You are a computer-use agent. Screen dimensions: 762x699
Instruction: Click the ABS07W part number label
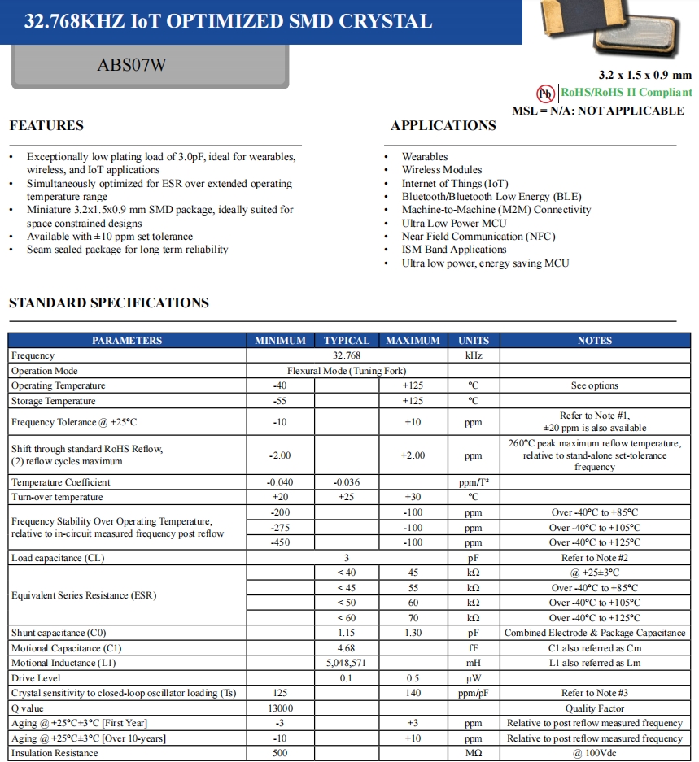tap(131, 65)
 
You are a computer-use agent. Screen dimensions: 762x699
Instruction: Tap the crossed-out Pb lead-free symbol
tap(545, 93)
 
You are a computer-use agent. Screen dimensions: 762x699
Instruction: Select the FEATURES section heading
tap(46, 125)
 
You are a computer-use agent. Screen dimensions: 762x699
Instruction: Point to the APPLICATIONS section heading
tap(443, 125)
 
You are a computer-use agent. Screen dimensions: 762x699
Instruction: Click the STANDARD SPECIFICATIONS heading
tap(109, 303)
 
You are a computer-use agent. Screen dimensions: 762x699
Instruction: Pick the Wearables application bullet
tap(425, 156)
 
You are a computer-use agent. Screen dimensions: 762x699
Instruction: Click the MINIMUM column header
tap(280, 341)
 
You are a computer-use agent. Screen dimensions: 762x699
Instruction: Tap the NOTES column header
tap(594, 341)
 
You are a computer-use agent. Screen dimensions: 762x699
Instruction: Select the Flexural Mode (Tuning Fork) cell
tap(347, 371)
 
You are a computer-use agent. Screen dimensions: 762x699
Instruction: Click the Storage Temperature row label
tap(54, 401)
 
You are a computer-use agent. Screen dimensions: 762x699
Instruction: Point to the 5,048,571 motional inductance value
tap(347, 663)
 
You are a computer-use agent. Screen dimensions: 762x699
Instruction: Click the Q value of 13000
tap(280, 708)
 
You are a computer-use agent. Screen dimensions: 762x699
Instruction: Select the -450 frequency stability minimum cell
tap(280, 542)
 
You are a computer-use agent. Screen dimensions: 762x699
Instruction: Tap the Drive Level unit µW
tap(473, 678)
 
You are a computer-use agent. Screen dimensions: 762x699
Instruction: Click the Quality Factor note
tap(594, 708)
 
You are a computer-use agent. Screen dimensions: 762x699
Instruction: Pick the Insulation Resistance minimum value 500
tap(280, 753)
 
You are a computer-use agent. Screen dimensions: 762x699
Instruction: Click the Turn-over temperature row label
tap(57, 497)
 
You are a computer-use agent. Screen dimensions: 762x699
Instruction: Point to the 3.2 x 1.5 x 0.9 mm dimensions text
tap(644, 76)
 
